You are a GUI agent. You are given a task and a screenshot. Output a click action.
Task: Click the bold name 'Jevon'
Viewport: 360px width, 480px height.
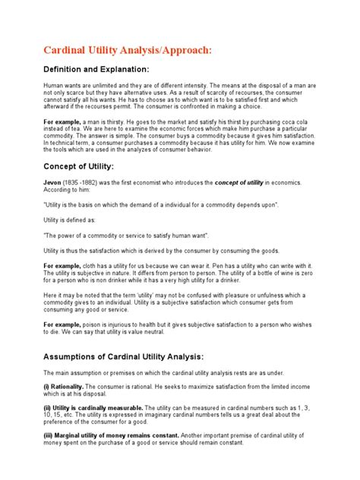tap(52, 183)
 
